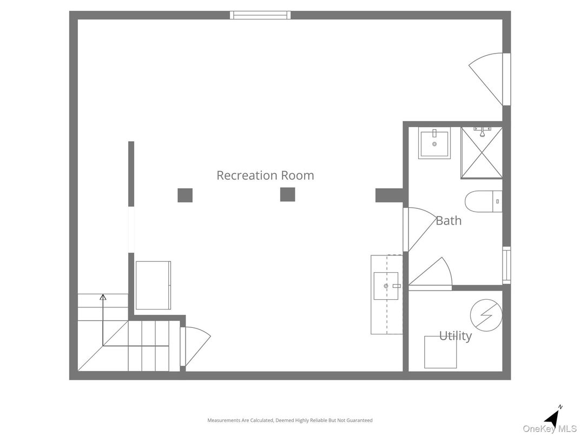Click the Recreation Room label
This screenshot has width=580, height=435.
[x=265, y=175]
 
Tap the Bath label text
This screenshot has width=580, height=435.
[x=449, y=220]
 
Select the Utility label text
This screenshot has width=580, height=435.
[x=455, y=336]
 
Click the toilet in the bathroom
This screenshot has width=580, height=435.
[x=483, y=201]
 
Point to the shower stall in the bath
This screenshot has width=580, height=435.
[x=481, y=153]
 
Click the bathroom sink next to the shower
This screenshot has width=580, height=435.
[x=434, y=143]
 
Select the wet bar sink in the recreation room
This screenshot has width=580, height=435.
[x=386, y=286]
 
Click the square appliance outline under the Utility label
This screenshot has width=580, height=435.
[x=440, y=353]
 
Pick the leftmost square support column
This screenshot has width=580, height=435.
[x=185, y=195]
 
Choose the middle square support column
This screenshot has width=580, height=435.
[x=287, y=194]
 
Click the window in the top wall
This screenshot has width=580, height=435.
[x=260, y=15]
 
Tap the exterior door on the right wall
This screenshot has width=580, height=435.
[x=489, y=78]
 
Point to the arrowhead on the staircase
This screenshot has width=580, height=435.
[x=103, y=296]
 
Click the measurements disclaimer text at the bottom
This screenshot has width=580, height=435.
[x=290, y=420]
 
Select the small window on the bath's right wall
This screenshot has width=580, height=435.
[x=506, y=265]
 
